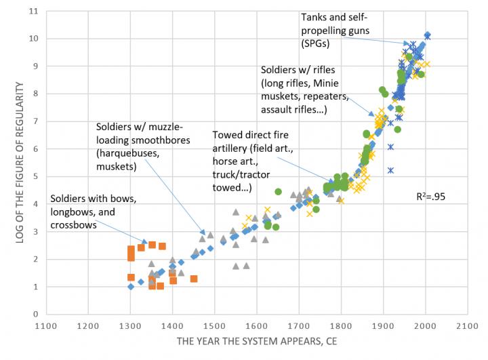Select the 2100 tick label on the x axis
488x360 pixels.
click(468, 325)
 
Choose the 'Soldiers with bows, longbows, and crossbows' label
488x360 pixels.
click(94, 212)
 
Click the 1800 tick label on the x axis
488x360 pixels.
click(341, 325)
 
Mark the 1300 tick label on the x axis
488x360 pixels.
click(130, 325)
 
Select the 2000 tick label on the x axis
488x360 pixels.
click(426, 325)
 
